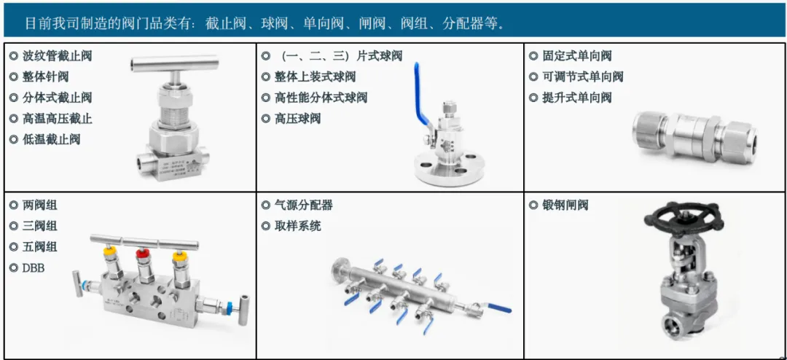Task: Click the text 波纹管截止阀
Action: (58, 55)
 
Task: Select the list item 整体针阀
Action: (46, 77)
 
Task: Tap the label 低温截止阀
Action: (51, 139)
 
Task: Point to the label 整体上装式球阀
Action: (316, 77)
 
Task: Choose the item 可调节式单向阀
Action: (583, 77)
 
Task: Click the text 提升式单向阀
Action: (577, 98)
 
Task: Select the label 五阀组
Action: (40, 246)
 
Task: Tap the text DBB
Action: (34, 268)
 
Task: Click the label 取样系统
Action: (297, 226)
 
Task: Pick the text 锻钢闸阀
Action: (565, 205)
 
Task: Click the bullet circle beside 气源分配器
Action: (265, 205)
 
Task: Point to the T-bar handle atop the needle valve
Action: (174, 63)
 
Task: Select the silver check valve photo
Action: (694, 133)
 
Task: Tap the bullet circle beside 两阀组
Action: (14, 205)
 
